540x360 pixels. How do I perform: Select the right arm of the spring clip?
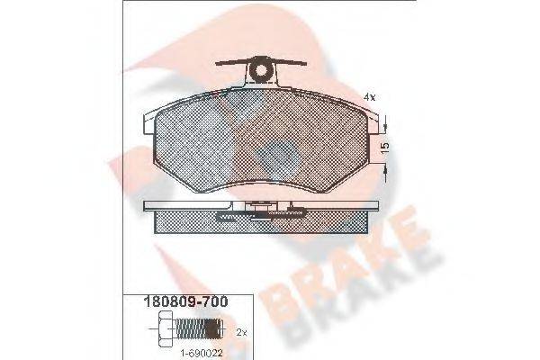click(293, 66)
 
